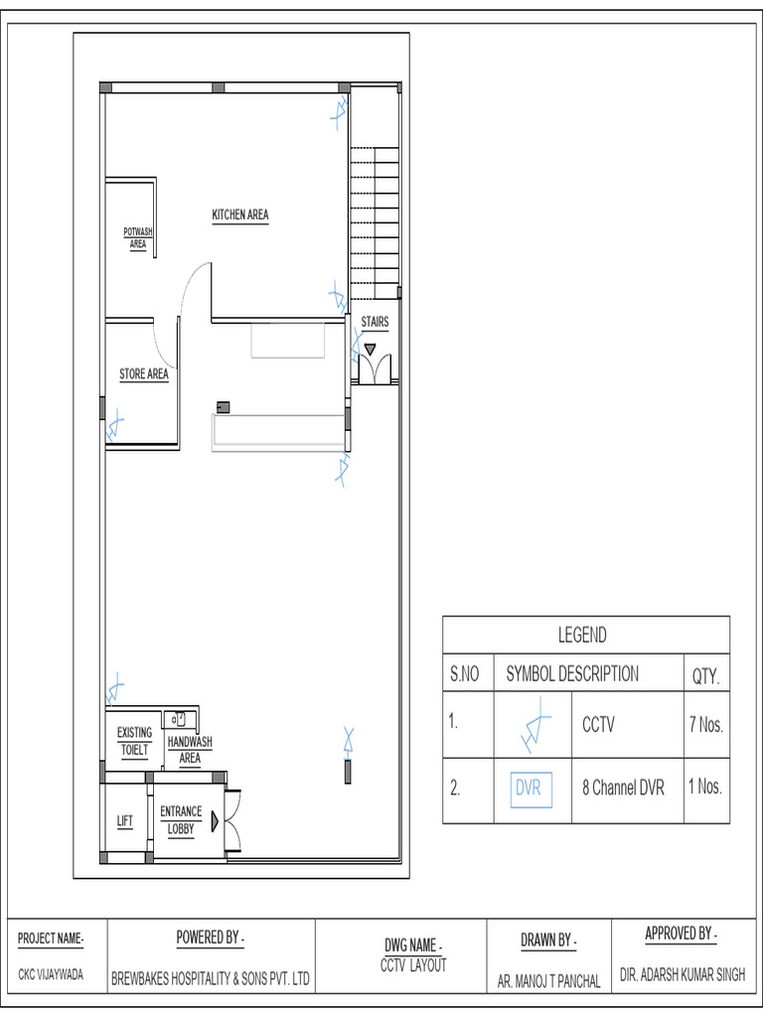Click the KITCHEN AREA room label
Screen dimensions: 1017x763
(239, 215)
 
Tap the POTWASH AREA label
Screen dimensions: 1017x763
(137, 237)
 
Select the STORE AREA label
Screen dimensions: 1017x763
(144, 374)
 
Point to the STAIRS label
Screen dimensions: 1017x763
(375, 322)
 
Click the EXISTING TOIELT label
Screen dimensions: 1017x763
(134, 741)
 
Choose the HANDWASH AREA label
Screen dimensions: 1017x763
(189, 750)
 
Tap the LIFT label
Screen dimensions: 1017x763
(125, 821)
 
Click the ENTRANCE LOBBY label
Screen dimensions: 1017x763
(181, 819)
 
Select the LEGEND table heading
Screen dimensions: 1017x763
(582, 635)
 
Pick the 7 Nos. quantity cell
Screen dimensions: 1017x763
(705, 725)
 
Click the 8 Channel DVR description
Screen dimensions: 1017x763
(623, 789)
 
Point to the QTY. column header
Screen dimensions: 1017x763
(705, 675)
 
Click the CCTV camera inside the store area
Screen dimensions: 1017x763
(115, 426)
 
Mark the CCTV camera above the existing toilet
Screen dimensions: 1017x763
(115, 686)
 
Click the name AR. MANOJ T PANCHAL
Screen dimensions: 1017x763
(549, 981)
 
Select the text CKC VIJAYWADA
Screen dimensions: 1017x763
(51, 975)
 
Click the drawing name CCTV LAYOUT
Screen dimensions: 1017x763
(413, 964)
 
